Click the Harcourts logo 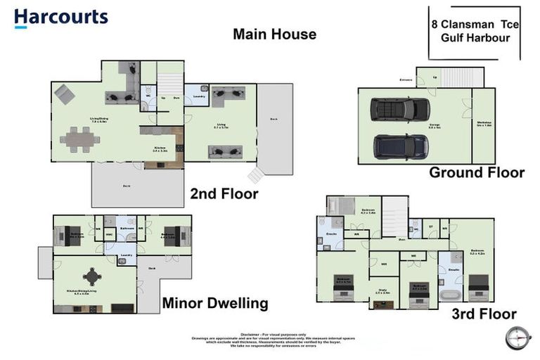60,18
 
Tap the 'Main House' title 274,34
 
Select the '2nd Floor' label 224,194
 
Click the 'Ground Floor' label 477,172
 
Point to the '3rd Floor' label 484,314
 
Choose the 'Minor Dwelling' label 215,304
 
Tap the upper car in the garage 400,110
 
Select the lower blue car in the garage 401,146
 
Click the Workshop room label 483,125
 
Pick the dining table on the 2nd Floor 79,139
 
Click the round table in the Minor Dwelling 92,276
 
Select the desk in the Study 383,304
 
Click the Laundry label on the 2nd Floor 198,96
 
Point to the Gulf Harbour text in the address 475,37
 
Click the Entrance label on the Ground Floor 406,79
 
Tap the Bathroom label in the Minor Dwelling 127,229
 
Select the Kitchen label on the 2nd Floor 160,148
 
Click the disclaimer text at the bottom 270,340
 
